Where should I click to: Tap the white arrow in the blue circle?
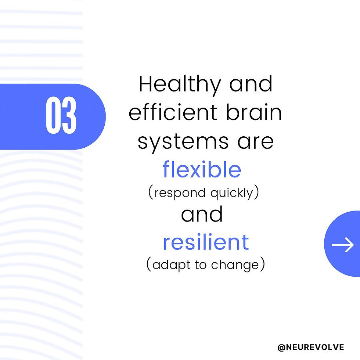pos(343,244)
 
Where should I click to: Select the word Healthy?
pos(180,84)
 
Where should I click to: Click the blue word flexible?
pos(202,170)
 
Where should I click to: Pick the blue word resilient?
pos(206,242)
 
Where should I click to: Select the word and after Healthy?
pos(251,84)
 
